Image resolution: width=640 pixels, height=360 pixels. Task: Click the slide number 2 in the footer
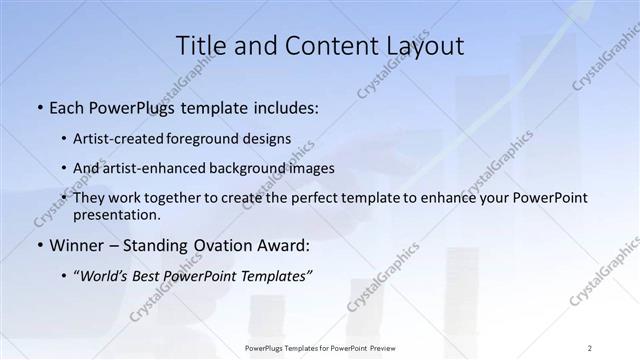(x=590, y=347)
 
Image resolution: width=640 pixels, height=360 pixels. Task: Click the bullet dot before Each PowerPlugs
(x=38, y=107)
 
